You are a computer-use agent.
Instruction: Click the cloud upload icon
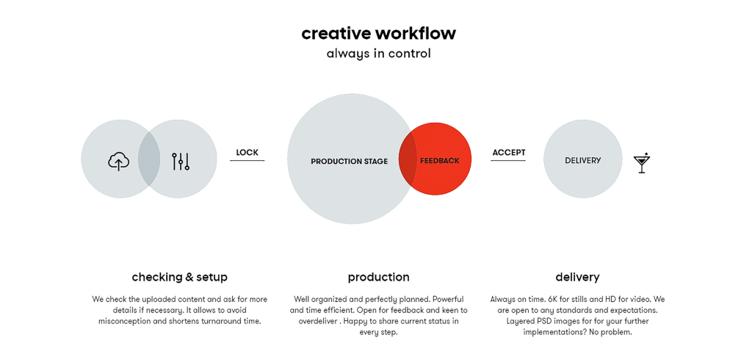(x=118, y=162)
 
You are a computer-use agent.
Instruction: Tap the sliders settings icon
(x=181, y=162)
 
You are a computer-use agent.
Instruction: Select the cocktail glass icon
(x=642, y=162)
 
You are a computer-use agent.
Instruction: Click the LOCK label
(x=247, y=153)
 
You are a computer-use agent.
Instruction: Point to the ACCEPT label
(x=509, y=153)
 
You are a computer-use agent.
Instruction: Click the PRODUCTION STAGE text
(x=349, y=162)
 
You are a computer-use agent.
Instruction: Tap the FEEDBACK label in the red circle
(x=440, y=161)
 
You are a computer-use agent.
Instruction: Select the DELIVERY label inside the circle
(x=582, y=160)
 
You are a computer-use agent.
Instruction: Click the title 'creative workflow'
(x=378, y=34)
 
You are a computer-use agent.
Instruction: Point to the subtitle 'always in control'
(x=378, y=54)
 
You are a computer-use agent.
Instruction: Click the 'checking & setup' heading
(x=179, y=277)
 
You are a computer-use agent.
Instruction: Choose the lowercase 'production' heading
(x=378, y=278)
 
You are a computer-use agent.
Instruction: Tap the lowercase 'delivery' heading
(x=577, y=277)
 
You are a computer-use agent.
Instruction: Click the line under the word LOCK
(x=247, y=160)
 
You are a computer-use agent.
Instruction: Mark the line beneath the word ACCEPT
(x=508, y=160)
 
